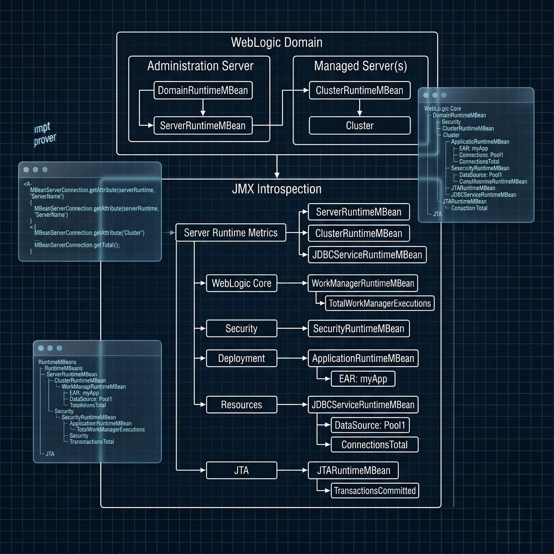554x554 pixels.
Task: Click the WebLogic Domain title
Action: (x=277, y=42)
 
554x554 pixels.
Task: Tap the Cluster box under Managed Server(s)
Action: (x=360, y=126)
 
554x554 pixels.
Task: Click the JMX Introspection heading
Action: (x=277, y=189)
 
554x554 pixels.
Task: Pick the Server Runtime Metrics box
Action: (x=230, y=233)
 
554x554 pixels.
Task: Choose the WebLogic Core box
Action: (x=242, y=283)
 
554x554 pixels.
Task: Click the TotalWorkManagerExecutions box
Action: (x=380, y=304)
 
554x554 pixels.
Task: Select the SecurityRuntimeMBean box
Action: (x=358, y=329)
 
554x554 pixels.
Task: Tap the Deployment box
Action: (x=242, y=358)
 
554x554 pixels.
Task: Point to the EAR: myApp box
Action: (x=363, y=379)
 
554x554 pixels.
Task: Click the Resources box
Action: (x=242, y=405)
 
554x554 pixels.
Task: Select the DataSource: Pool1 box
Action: (x=370, y=425)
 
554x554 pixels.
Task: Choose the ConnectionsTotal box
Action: (x=374, y=445)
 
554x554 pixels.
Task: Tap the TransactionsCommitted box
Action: (x=374, y=491)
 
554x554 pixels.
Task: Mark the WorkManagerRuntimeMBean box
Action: (x=363, y=283)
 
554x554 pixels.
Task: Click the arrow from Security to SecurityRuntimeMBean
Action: (x=292, y=329)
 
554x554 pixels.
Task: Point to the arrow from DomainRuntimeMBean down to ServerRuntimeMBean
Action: (x=203, y=108)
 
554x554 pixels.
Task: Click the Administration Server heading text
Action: (x=200, y=66)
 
